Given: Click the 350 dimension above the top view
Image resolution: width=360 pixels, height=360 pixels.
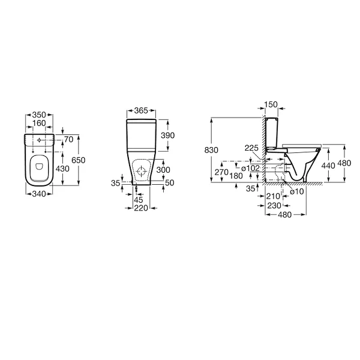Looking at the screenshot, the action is point(39,115).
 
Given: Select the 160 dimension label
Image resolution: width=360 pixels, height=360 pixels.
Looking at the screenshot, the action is point(39,123).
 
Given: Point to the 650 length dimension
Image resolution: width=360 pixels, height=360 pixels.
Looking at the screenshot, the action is point(78,160).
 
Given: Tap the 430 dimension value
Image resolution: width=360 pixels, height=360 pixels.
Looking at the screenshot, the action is point(62,169).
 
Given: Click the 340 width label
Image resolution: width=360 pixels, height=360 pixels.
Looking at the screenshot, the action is point(39,194).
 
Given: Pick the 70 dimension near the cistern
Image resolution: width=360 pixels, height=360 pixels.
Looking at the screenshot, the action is point(68,139).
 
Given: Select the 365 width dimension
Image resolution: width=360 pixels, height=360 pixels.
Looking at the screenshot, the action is point(141,110).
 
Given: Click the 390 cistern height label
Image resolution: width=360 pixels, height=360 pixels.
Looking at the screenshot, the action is point(168,136).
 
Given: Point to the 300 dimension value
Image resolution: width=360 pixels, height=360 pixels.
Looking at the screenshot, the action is point(163,170).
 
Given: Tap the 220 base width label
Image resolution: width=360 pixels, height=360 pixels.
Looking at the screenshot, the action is point(141,208).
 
